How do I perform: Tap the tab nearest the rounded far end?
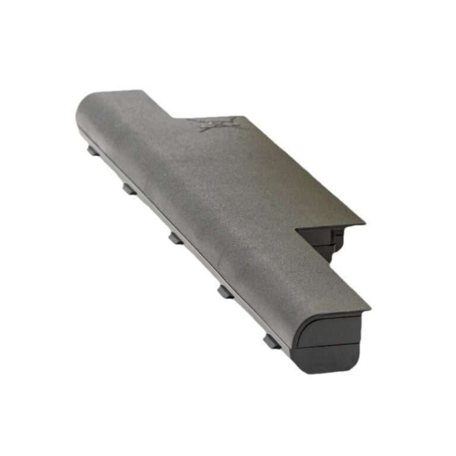point(93,151)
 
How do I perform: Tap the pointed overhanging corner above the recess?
point(364,224)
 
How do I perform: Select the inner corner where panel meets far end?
point(172,116)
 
